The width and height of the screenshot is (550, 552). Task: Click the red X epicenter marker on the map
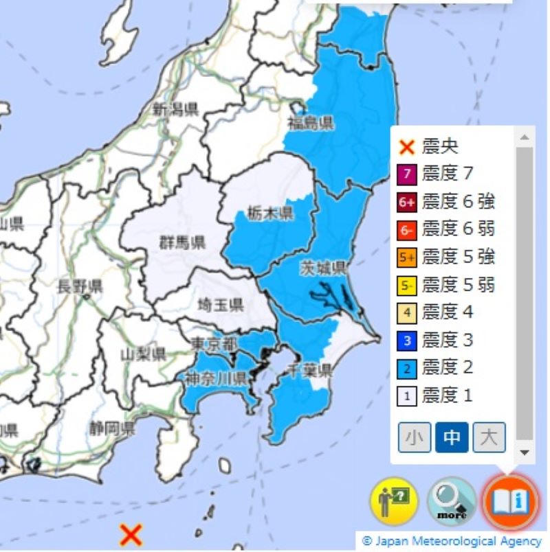130,533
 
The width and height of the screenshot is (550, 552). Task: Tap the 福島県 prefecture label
311,124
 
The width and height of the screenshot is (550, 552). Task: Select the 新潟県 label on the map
175,108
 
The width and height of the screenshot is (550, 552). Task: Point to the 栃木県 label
271,212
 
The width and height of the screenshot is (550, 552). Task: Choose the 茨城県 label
322,268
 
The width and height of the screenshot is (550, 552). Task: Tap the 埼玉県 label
221,306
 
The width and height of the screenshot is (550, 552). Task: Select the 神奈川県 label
216,378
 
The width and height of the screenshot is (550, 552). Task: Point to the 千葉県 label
311,371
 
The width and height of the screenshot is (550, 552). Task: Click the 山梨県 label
143,354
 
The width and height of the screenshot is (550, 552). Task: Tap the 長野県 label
80,286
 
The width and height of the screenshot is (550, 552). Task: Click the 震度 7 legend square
407,174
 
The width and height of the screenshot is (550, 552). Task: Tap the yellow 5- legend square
407,285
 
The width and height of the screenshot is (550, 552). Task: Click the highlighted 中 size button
451,437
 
